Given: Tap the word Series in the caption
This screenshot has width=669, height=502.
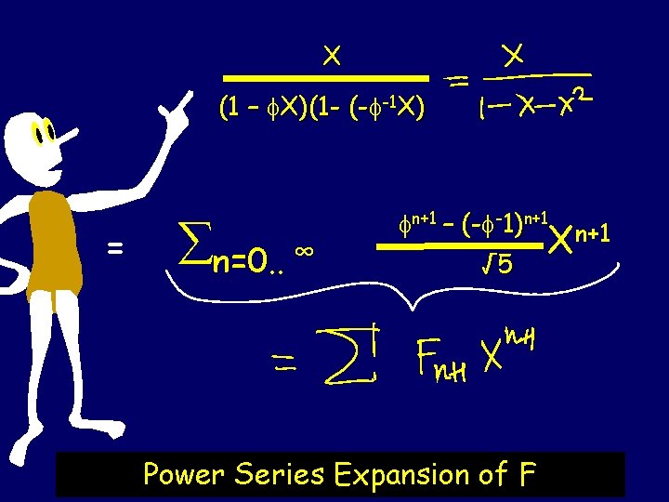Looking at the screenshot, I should pyautogui.click(x=279, y=475).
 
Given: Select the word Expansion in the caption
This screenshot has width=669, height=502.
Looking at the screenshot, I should pyautogui.click(x=400, y=476).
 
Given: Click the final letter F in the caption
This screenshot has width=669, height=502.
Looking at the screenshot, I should pyautogui.click(x=527, y=475).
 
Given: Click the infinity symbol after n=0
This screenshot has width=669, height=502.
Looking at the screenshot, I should pyautogui.click(x=301, y=251).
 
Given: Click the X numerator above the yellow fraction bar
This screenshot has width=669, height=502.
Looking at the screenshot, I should pyautogui.click(x=330, y=56).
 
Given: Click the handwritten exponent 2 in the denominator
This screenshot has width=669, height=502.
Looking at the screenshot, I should pyautogui.click(x=580, y=95).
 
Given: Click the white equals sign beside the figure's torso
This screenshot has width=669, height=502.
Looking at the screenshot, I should pyautogui.click(x=115, y=248).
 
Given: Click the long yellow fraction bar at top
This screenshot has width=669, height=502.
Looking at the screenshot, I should pyautogui.click(x=329, y=79).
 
